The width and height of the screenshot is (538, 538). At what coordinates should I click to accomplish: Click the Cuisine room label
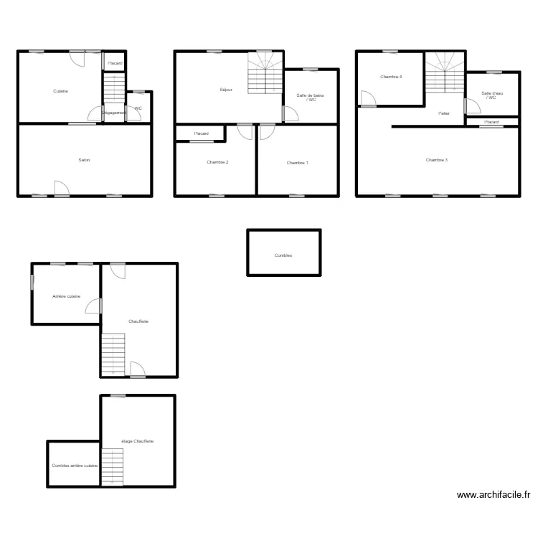(60, 91)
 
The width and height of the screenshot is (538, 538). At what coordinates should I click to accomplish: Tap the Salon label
(84, 160)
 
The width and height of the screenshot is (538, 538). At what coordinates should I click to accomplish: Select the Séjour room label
(226, 90)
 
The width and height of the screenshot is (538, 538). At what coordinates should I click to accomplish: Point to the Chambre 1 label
(297, 163)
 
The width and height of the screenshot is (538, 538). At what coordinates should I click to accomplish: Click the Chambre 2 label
(217, 162)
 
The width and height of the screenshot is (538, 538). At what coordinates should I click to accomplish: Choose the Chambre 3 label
(436, 160)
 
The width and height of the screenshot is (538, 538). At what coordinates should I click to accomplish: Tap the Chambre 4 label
(391, 77)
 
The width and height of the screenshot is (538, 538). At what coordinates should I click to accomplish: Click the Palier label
(444, 113)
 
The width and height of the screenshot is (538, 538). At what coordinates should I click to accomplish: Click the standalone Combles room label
(283, 255)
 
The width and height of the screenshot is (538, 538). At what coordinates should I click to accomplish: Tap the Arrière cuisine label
(66, 296)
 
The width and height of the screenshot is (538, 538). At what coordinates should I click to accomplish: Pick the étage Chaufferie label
(138, 441)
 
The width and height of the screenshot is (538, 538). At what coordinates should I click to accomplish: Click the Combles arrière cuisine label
(75, 466)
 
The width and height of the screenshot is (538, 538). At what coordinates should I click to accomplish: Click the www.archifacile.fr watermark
(493, 494)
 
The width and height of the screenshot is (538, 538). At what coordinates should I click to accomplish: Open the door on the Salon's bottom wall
(62, 188)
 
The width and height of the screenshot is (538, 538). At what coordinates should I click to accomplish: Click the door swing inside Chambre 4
(367, 98)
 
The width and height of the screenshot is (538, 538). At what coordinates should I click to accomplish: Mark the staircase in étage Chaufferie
(112, 466)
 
